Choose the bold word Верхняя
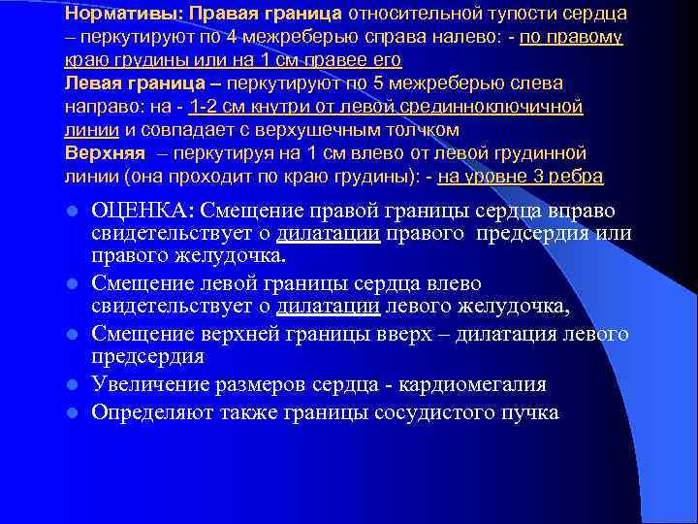pyautogui.click(x=104, y=153)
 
